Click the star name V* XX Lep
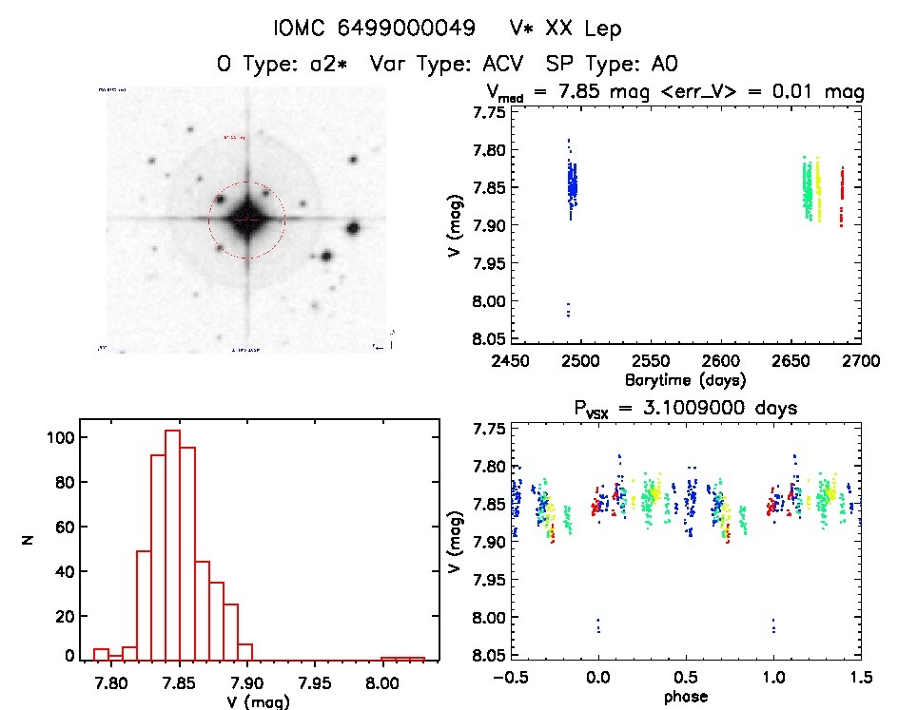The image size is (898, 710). coord(565,29)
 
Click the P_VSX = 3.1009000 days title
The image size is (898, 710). coord(683,408)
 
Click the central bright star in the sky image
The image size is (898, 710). coord(246,220)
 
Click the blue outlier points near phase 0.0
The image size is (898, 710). coord(597,624)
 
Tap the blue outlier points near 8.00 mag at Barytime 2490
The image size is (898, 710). coord(568,309)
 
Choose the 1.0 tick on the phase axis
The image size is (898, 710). coord(773,678)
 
